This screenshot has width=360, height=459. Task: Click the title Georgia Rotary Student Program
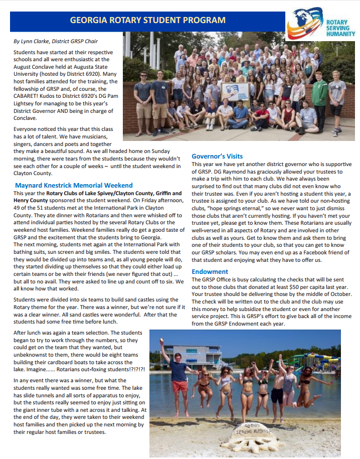(147, 21)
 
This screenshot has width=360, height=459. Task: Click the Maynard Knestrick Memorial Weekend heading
(74, 185)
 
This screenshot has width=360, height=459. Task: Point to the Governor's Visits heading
(217, 157)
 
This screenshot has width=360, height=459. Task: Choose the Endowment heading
(210, 271)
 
